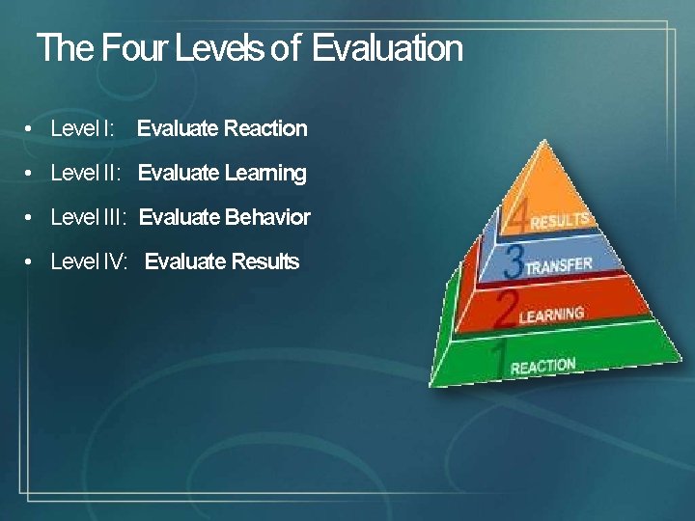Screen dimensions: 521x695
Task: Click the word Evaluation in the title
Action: [x=387, y=47]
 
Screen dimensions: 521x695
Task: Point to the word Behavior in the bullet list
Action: [x=267, y=217]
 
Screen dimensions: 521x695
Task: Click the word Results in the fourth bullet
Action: [x=263, y=261]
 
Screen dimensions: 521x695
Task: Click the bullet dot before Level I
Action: [x=31, y=129]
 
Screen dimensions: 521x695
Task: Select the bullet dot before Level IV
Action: [x=31, y=262]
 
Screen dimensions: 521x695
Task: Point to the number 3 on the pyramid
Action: [x=514, y=260]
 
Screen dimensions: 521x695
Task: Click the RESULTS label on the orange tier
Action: [x=560, y=220]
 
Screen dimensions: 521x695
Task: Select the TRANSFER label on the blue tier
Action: [x=559, y=265]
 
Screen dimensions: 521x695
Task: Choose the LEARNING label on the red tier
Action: [x=551, y=314]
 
